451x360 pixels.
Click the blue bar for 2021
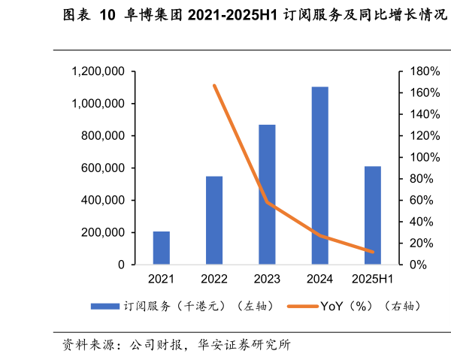click(x=161, y=248)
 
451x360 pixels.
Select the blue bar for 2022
click(x=214, y=220)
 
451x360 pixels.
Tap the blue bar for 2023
click(x=267, y=195)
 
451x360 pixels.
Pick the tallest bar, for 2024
click(x=319, y=176)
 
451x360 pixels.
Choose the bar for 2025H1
click(x=373, y=215)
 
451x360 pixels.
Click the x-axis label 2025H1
click(x=373, y=280)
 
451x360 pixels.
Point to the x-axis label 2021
click(x=161, y=280)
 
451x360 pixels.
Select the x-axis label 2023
click(x=267, y=280)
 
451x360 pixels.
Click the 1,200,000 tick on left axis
click(x=98, y=71)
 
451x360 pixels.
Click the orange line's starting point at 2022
click(x=214, y=86)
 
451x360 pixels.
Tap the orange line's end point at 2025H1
click(x=373, y=252)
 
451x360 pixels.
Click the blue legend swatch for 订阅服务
click(x=105, y=306)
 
